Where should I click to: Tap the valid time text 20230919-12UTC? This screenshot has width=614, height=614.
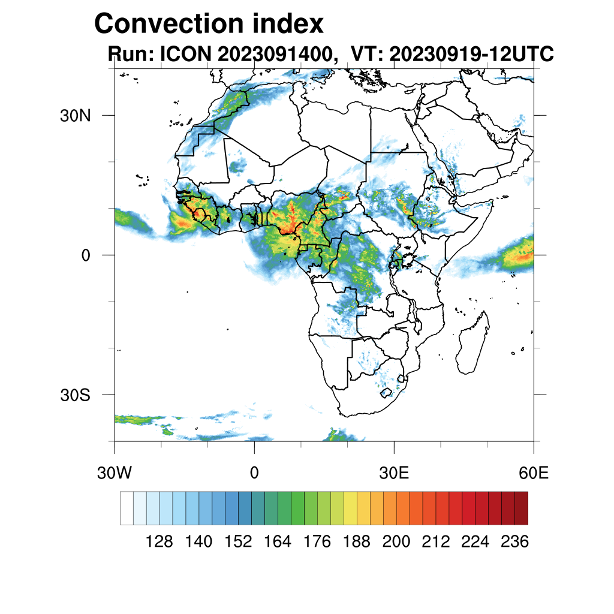[471, 55]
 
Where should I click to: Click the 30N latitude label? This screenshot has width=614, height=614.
[75, 115]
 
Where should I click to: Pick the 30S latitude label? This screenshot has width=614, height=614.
[75, 395]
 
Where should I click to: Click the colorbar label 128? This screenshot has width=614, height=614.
[159, 542]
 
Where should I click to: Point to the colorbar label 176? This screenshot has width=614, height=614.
[317, 542]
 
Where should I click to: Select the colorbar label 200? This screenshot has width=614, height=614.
[396, 542]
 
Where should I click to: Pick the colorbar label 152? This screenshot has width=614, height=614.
[238, 542]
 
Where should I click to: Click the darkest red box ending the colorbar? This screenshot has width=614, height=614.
[521, 508]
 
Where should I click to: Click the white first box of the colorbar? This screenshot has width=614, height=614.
[127, 508]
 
